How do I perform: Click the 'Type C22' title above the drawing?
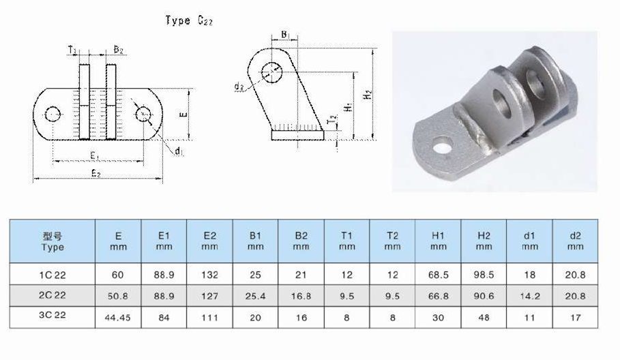(x=189, y=20)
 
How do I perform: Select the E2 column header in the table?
(x=209, y=241)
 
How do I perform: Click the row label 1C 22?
(x=53, y=275)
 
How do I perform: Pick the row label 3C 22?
(x=53, y=316)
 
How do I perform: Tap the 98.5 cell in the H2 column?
(x=484, y=275)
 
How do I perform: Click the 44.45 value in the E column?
(x=118, y=316)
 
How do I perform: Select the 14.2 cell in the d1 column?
(x=529, y=296)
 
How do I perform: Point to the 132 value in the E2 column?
(x=209, y=275)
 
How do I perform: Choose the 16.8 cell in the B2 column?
(x=301, y=296)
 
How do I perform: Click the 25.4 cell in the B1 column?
(x=255, y=296)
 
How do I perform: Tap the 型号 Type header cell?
(x=53, y=241)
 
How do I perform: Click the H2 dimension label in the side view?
(x=368, y=95)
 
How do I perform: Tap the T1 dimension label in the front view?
(x=73, y=50)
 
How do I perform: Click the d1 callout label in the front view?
(x=178, y=151)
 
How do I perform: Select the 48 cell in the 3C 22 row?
(x=484, y=316)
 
